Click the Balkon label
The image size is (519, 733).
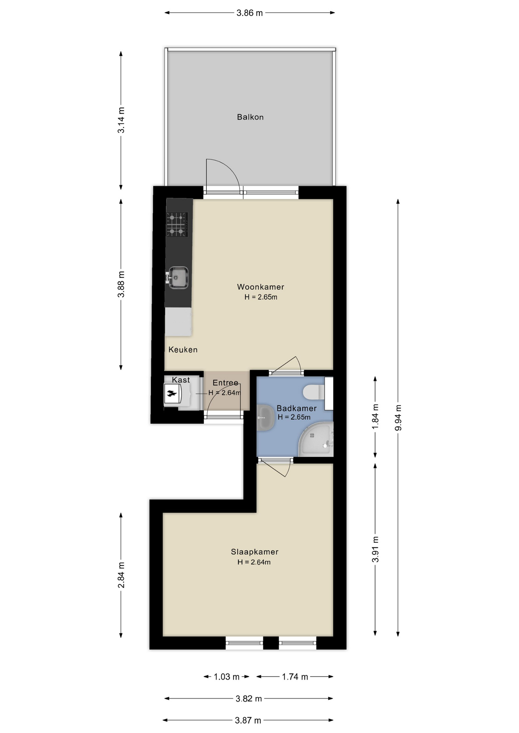[x=250, y=117]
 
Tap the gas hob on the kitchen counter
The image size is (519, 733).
[x=177, y=224]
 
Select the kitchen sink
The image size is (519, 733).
[x=178, y=278]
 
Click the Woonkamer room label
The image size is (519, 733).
[x=260, y=287]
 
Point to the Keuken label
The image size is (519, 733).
[x=183, y=350]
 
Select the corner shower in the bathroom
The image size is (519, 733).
[x=316, y=440]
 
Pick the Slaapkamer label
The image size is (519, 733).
[x=255, y=552]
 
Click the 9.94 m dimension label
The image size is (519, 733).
[x=398, y=417]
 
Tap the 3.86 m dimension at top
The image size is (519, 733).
[x=250, y=13]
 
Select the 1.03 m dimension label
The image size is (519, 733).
[x=226, y=677]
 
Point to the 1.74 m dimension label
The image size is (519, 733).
[x=295, y=677]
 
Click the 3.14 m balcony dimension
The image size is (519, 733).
[x=121, y=120]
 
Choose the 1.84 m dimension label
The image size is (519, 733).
[x=375, y=417]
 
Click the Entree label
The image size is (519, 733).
[x=225, y=383]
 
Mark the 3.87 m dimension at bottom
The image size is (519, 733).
[x=248, y=720]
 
